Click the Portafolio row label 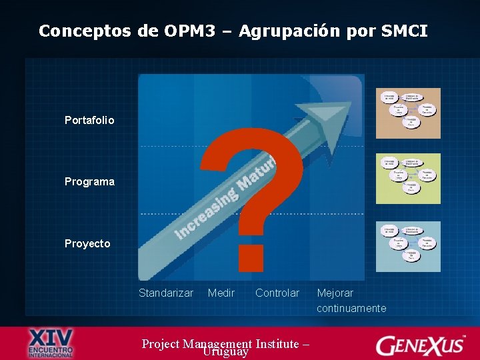[x=89, y=121]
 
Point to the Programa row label [x=89, y=182]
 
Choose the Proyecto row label [x=87, y=244]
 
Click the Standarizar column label [x=166, y=293]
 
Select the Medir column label [x=221, y=293]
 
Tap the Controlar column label [x=277, y=293]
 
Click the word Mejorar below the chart [x=335, y=293]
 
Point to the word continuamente [x=351, y=309]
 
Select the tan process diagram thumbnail [x=408, y=113]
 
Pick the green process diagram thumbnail [x=408, y=178]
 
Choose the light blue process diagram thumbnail [x=408, y=246]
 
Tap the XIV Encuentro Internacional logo [x=51, y=343]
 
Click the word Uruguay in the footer [x=226, y=351]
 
